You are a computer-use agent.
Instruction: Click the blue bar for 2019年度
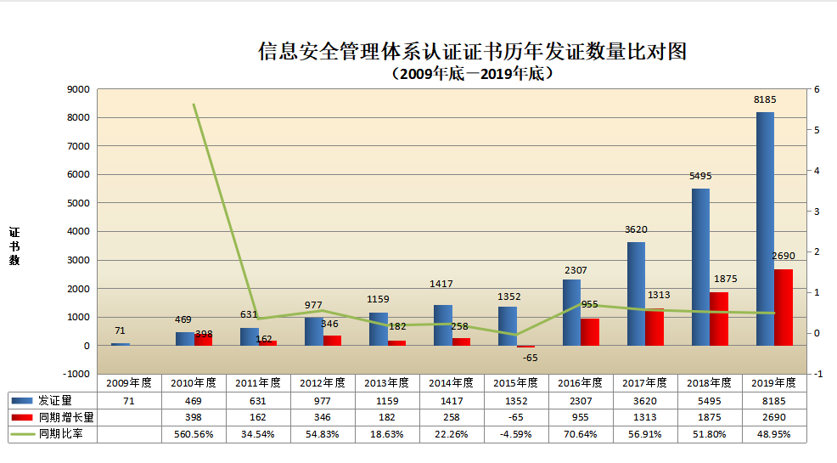point(765,229)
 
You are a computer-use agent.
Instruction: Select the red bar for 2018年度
point(718,319)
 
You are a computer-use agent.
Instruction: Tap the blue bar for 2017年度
point(636,294)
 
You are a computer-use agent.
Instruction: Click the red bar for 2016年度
point(589,331)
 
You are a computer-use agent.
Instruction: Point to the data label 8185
point(765,100)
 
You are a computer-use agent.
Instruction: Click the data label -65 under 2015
point(531,359)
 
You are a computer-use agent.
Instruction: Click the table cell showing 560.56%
point(194,434)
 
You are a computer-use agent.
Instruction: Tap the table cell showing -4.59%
point(516,434)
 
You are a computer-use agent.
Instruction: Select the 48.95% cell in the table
point(773,434)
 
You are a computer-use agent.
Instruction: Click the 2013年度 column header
point(387,382)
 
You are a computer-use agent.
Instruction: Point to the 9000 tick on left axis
point(79,89)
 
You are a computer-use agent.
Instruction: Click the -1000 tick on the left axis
point(77,374)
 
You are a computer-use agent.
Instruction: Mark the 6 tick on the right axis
point(816,89)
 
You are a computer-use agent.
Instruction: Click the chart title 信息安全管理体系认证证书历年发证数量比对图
point(471,53)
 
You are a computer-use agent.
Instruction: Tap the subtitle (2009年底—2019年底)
point(472,74)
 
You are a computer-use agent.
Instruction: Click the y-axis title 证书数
point(14,246)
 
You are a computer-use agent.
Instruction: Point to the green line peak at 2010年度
point(194,104)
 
